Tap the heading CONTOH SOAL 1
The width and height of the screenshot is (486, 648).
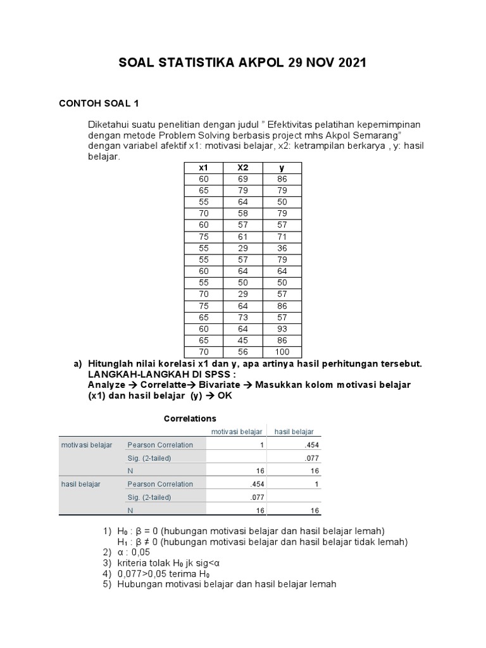(98, 102)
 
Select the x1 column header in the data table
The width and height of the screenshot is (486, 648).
(203, 168)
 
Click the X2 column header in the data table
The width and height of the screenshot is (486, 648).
(242, 168)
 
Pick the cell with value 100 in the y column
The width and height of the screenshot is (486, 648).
(282, 352)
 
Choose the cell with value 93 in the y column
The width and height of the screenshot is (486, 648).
(282, 330)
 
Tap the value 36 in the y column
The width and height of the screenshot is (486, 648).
(282, 248)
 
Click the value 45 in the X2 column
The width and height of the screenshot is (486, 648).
(242, 341)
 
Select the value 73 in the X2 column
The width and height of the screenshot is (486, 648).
(242, 318)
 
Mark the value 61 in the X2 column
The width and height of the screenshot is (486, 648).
(242, 237)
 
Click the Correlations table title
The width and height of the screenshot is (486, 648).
(190, 418)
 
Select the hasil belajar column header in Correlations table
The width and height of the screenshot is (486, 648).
(294, 432)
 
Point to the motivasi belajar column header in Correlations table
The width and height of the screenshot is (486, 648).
(237, 432)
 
